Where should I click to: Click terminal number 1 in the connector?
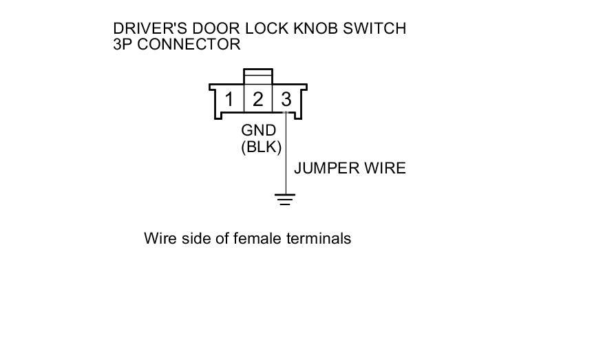[229, 100]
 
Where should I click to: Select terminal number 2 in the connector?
[258, 100]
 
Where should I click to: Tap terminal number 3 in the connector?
[286, 100]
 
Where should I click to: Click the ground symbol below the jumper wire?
[285, 199]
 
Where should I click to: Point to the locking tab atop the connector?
[258, 76]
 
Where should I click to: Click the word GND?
[259, 131]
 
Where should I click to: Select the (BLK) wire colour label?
[262, 147]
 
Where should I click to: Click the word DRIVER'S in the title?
[150, 29]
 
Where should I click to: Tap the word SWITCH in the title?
[374, 29]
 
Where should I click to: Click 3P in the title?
[123, 45]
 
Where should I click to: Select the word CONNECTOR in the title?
[189, 45]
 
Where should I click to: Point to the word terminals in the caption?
[319, 238]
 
